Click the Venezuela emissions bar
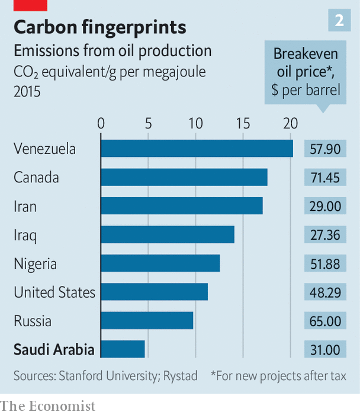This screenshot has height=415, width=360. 197,148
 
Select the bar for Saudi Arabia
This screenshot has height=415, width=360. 123,349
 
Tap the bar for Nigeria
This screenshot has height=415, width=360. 160,263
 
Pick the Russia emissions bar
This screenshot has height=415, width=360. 147,321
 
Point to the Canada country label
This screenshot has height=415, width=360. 37,177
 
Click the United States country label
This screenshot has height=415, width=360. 54,292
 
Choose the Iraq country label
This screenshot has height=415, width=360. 25,235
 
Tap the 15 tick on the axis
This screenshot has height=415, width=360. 243,124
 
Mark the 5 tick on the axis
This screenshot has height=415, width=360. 148,124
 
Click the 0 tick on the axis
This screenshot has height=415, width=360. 101,124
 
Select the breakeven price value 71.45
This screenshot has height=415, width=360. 325,178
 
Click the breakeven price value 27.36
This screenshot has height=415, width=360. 325,235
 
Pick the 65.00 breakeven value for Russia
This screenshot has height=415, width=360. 325,321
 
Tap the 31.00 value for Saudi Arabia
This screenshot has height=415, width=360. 325,350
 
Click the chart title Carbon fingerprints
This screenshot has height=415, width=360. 99,27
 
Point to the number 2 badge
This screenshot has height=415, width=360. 339,21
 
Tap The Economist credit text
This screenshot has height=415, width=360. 47,406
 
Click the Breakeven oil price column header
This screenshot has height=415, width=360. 306,72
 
